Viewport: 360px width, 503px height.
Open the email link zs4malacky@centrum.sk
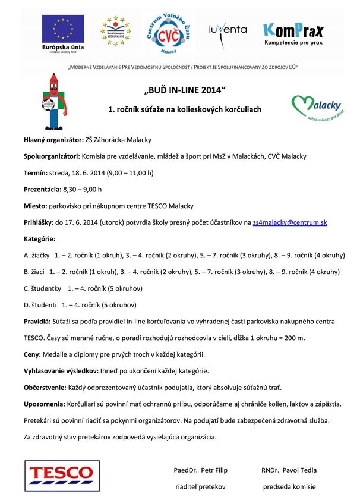coord(289,222)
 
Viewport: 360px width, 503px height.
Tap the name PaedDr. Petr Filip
coord(200,470)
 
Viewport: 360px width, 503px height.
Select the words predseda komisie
coord(289,486)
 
